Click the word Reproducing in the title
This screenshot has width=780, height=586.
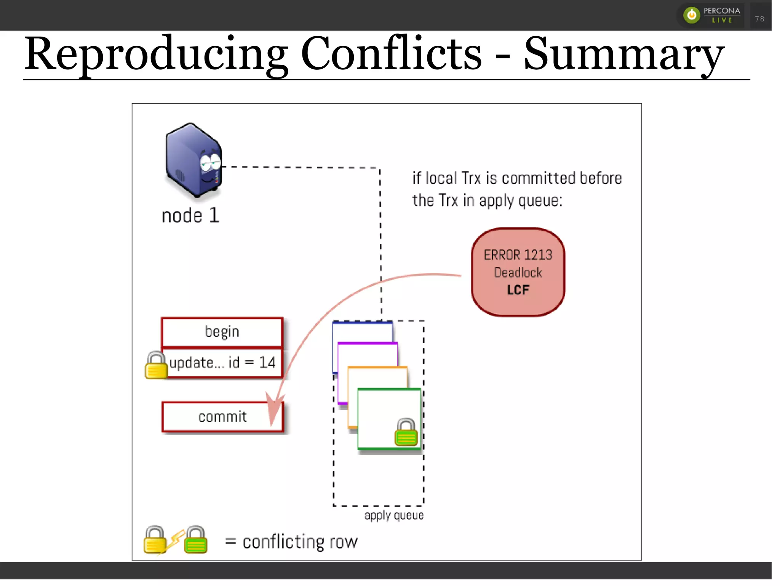[x=156, y=54]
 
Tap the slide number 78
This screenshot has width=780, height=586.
[x=759, y=19]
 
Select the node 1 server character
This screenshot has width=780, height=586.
[x=193, y=160]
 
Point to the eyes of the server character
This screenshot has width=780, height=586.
[x=211, y=162]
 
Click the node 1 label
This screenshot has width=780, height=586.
[x=190, y=215]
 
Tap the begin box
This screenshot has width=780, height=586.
[x=222, y=332]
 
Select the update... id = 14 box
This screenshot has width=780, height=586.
[x=222, y=363]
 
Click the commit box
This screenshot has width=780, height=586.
[x=222, y=417]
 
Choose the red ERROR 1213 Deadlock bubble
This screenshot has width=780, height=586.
[x=518, y=272]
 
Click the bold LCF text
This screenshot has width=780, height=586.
[x=518, y=290]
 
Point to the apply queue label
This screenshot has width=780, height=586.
[x=394, y=515]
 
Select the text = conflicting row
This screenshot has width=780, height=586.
[x=291, y=542]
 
